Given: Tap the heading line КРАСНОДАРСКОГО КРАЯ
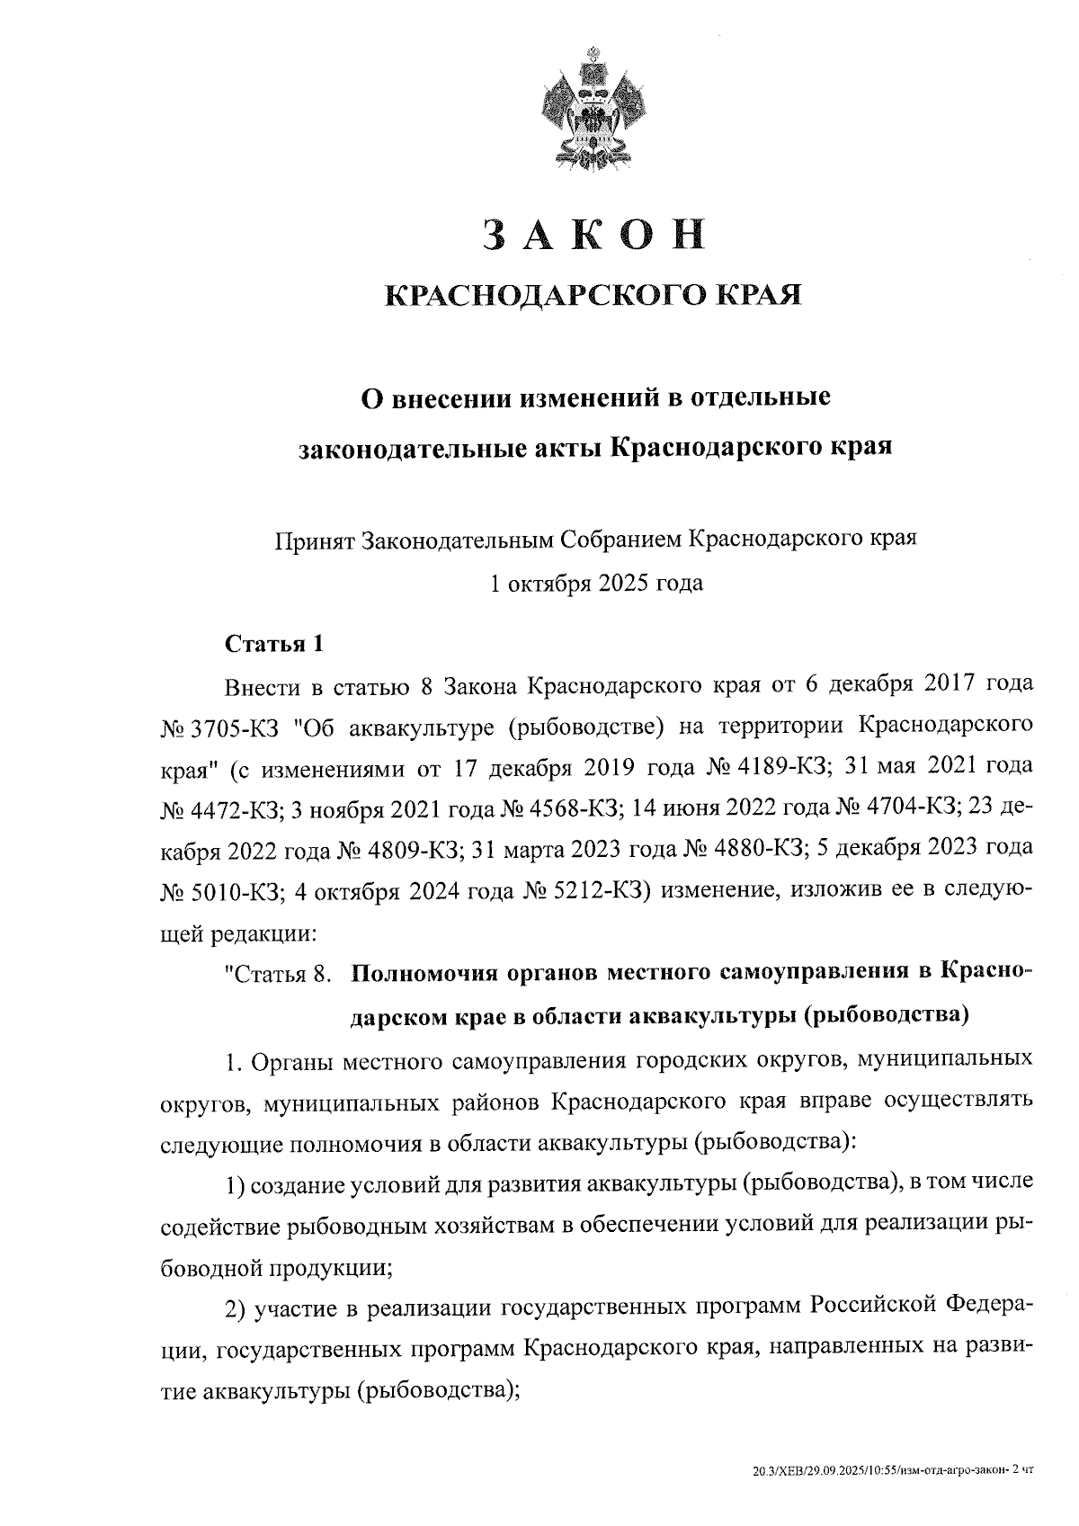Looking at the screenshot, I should tap(593, 296).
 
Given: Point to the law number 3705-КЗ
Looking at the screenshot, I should tap(235, 727).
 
